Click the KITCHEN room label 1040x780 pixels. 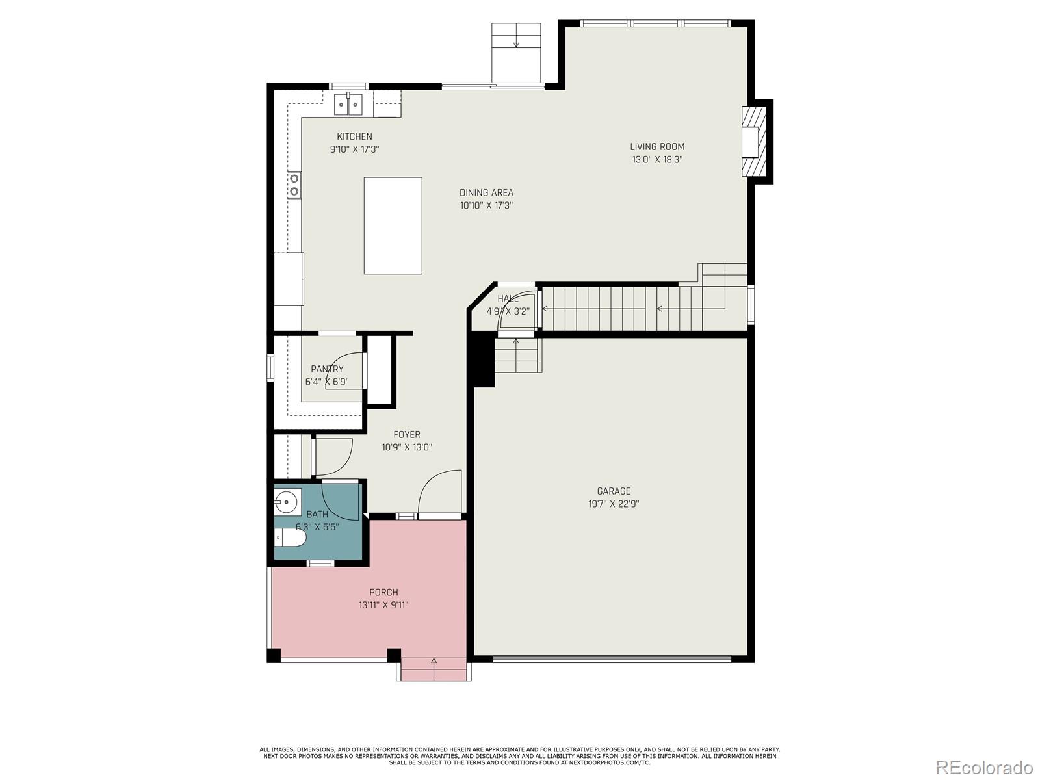click(x=354, y=136)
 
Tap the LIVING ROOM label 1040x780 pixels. click(x=657, y=147)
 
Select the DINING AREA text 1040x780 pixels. click(x=486, y=193)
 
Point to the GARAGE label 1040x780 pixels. click(x=614, y=491)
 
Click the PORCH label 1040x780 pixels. click(x=383, y=592)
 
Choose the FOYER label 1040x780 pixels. click(x=406, y=434)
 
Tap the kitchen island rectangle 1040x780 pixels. click(x=393, y=226)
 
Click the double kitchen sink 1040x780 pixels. click(x=348, y=105)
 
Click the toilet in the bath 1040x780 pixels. click(x=291, y=538)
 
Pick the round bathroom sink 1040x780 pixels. click(x=286, y=502)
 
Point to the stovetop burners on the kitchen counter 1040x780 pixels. click(x=294, y=185)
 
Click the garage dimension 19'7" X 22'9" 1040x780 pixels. click(x=614, y=504)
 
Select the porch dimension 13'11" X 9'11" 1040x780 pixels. click(x=383, y=604)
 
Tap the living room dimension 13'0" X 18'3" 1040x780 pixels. click(x=657, y=160)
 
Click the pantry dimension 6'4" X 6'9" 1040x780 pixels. click(x=327, y=382)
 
